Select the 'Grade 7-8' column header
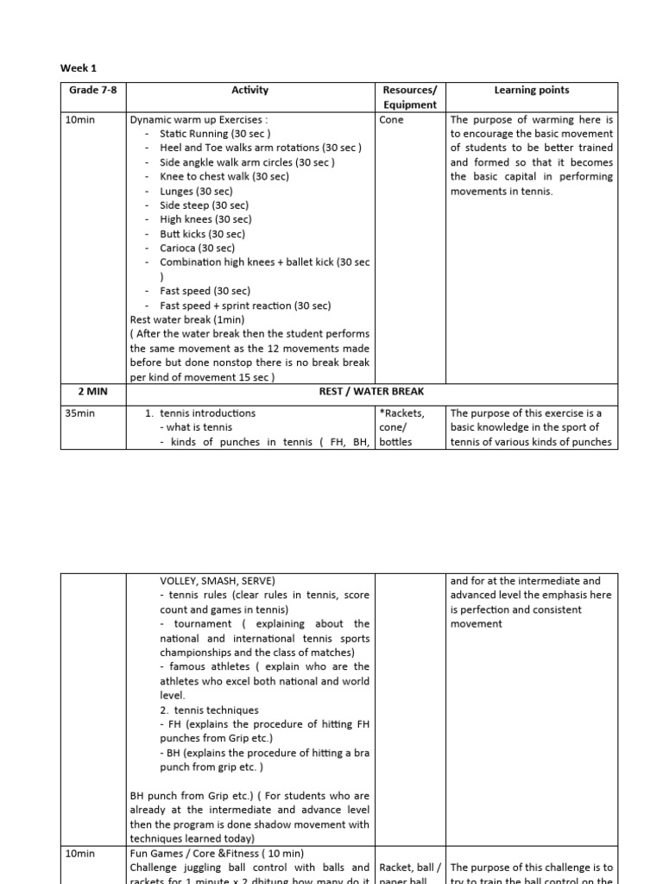tap(92, 91)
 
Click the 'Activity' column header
tap(250, 91)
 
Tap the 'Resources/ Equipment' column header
tap(410, 98)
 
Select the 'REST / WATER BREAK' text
tap(371, 391)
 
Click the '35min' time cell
tap(79, 414)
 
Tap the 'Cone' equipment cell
tap(391, 120)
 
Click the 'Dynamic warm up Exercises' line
tap(199, 120)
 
